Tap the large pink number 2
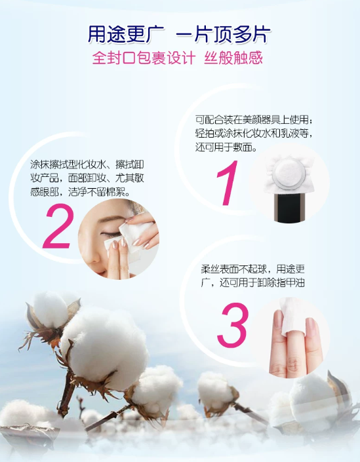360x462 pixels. point(58,226)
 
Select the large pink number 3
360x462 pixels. point(232,324)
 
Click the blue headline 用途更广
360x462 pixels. point(126,35)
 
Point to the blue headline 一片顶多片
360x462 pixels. point(223,35)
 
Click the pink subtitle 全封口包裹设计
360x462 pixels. point(144,58)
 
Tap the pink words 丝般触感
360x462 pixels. point(233,58)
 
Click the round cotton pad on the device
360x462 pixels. point(288,173)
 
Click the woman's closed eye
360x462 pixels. point(111,235)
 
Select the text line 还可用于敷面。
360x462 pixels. point(226,147)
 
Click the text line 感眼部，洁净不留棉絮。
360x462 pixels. point(81,192)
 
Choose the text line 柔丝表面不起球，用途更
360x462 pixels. point(252,269)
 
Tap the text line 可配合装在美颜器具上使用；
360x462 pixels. point(254,120)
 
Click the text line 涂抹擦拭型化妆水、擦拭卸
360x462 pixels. point(87,164)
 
